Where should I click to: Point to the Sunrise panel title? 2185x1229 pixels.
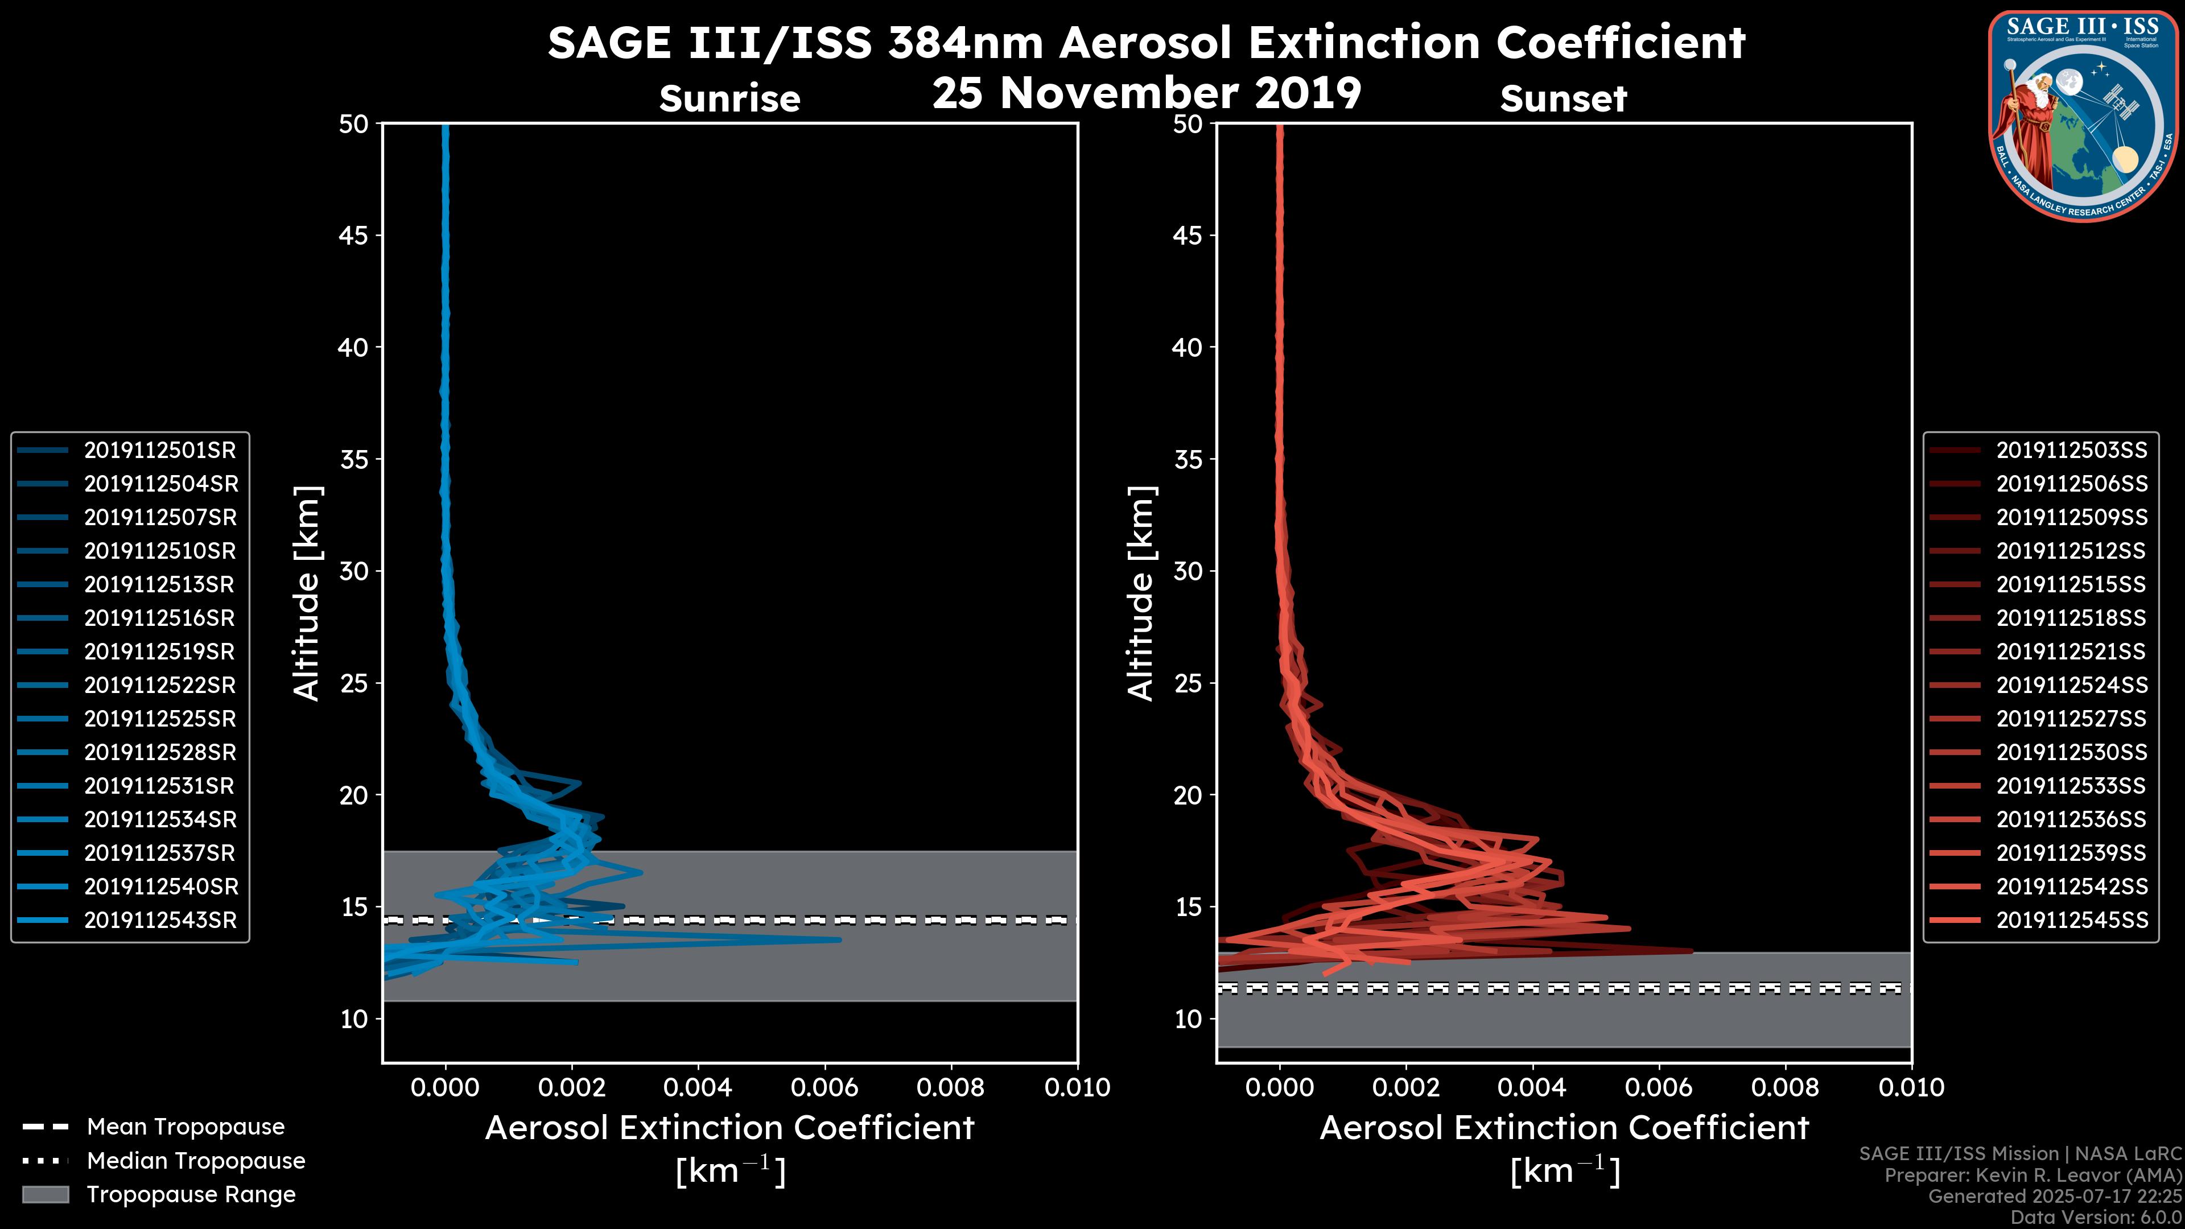tap(729, 99)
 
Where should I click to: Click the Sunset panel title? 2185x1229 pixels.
tap(1563, 99)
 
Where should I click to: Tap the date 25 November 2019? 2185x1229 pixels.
tap(1146, 93)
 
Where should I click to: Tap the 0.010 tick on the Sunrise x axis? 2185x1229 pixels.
tap(1077, 1087)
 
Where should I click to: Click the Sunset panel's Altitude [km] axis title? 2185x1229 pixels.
tap(1141, 593)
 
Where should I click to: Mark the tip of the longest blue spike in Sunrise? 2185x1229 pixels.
tap(840, 939)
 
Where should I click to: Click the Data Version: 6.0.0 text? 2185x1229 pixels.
tap(2097, 1217)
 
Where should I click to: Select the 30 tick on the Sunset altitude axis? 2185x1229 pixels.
tap(1188, 571)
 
